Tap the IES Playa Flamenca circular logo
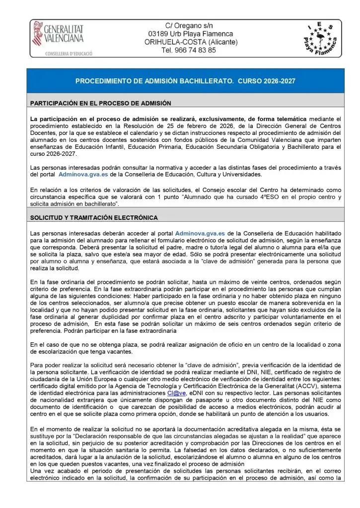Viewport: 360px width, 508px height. pos(320,39)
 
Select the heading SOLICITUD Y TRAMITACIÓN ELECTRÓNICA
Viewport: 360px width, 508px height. pos(94,217)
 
